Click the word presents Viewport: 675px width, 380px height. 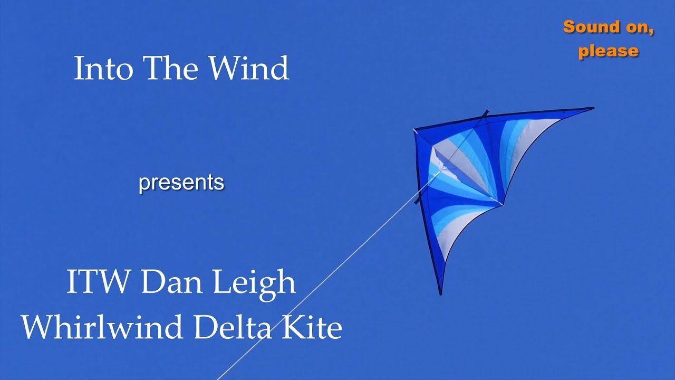pyautogui.click(x=181, y=183)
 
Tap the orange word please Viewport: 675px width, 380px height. pyautogui.click(x=609, y=51)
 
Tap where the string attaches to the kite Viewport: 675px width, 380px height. pyautogui.click(x=439, y=173)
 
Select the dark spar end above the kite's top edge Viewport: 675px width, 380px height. pyautogui.click(x=486, y=112)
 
